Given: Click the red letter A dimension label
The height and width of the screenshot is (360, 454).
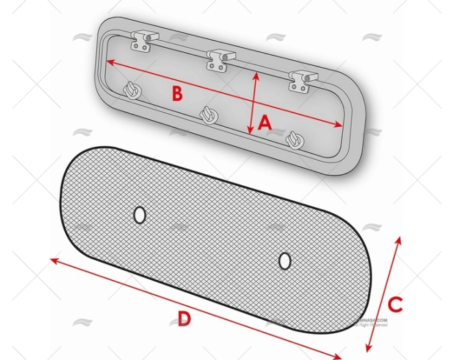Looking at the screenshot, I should (265, 123).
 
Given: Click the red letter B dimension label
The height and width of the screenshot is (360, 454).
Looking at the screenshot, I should (177, 94).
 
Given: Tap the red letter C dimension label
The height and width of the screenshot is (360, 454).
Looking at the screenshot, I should (394, 302).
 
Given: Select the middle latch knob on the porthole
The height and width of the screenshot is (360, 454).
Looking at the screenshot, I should (208, 114).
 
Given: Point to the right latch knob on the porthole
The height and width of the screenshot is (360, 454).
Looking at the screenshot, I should (294, 139).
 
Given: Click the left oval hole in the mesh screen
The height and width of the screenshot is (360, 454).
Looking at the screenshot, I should (139, 215).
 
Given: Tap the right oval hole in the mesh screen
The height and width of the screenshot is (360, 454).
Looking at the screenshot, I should (285, 261).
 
